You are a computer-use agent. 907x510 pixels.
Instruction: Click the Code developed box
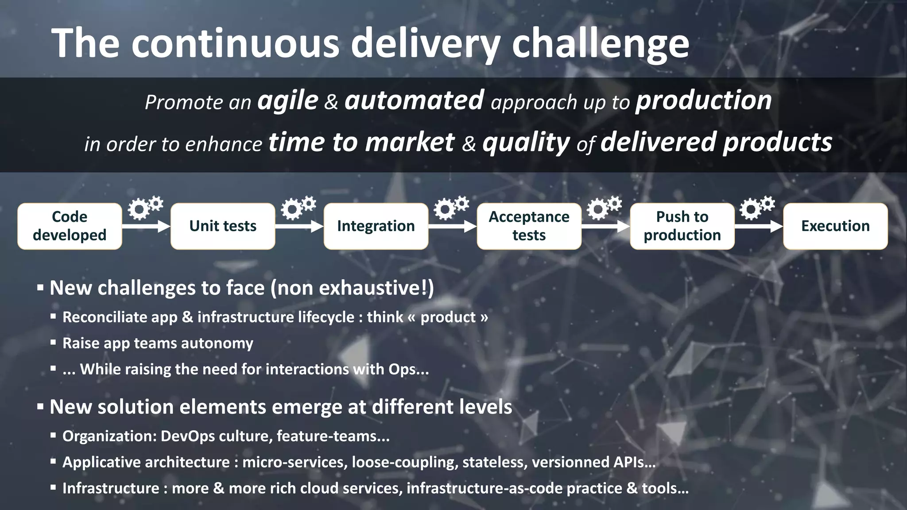(70, 226)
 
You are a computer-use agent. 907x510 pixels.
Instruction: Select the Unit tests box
(223, 226)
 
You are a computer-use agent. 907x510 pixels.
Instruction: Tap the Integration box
(376, 226)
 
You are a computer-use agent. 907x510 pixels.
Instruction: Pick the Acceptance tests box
(529, 226)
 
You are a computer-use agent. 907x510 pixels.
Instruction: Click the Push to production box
(682, 226)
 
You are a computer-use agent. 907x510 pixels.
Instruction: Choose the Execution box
(835, 226)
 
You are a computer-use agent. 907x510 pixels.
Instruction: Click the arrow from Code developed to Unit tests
(146, 227)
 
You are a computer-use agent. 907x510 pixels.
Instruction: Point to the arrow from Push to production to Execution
(759, 227)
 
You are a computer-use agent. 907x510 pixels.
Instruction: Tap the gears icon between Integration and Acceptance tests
(451, 207)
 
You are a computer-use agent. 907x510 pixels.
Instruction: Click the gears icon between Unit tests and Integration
(298, 207)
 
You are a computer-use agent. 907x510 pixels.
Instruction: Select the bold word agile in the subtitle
(288, 101)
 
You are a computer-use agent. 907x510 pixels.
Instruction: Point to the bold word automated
(414, 100)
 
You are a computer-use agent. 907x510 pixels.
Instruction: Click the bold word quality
(526, 143)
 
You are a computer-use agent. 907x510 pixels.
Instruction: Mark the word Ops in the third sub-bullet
(402, 369)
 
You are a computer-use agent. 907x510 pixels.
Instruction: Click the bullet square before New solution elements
(40, 407)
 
